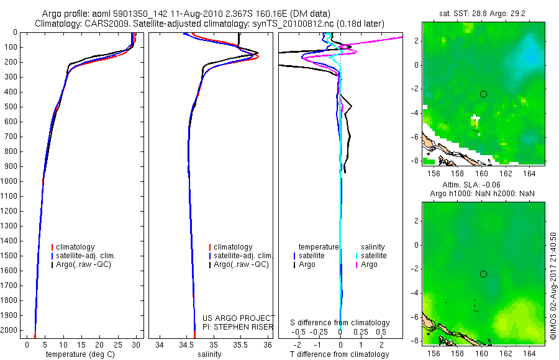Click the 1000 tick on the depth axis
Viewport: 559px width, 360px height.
pyautogui.click(x=8, y=181)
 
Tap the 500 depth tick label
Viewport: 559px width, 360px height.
pyautogui.click(x=10, y=107)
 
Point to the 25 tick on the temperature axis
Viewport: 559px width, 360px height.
pyautogui.click(x=117, y=344)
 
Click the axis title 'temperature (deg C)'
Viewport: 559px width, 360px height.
pyautogui.click(x=80, y=354)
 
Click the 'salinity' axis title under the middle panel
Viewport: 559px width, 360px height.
pyautogui.click(x=209, y=354)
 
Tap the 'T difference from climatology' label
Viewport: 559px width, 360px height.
pyautogui.click(x=339, y=354)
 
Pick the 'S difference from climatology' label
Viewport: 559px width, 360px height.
pyautogui.click(x=340, y=323)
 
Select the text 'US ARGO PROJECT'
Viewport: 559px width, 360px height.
pyautogui.click(x=239, y=318)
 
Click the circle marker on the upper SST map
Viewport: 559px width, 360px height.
pyautogui.click(x=483, y=94)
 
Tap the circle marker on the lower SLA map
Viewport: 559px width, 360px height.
pyautogui.click(x=483, y=274)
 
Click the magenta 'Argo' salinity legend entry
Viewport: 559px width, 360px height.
pyautogui.click(x=367, y=264)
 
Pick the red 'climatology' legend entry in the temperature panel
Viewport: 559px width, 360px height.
pyautogui.click(x=73, y=247)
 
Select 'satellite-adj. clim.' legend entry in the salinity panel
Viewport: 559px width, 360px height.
pyautogui.click(x=241, y=256)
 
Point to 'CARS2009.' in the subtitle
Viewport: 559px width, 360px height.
pyautogui.click(x=103, y=24)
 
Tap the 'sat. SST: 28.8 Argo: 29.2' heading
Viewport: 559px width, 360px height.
pyautogui.click(x=482, y=14)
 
